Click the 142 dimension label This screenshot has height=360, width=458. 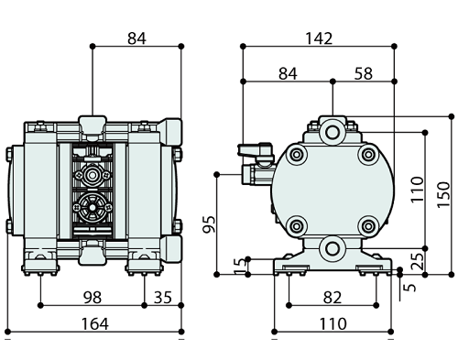[x=319, y=38]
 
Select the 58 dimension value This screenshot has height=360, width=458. [x=364, y=74]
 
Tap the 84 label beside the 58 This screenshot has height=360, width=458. [x=288, y=74]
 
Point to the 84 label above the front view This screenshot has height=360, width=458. [x=136, y=38]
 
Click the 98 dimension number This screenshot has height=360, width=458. [x=93, y=298]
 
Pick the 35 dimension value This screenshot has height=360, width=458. [x=163, y=298]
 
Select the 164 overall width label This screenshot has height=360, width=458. [x=95, y=324]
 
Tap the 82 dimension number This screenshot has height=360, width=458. [x=333, y=298]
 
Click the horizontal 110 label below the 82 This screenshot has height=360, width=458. [x=333, y=324]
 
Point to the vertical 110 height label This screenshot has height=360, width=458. [x=418, y=189]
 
